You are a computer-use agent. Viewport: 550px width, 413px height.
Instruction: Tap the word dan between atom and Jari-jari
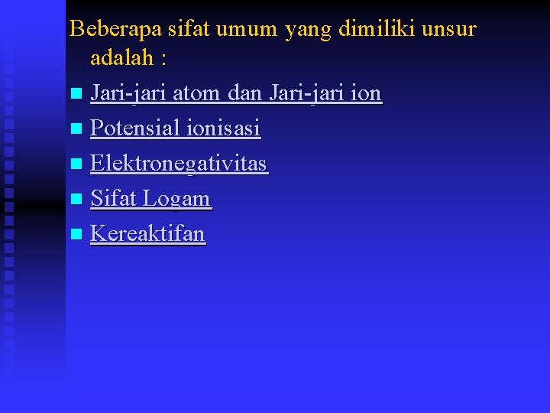click(x=246, y=93)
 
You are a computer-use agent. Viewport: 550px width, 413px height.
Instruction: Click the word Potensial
click(x=134, y=128)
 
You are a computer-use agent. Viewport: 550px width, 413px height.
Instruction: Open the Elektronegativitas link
click(x=179, y=164)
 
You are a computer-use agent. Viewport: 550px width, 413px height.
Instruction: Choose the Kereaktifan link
click(x=148, y=233)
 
